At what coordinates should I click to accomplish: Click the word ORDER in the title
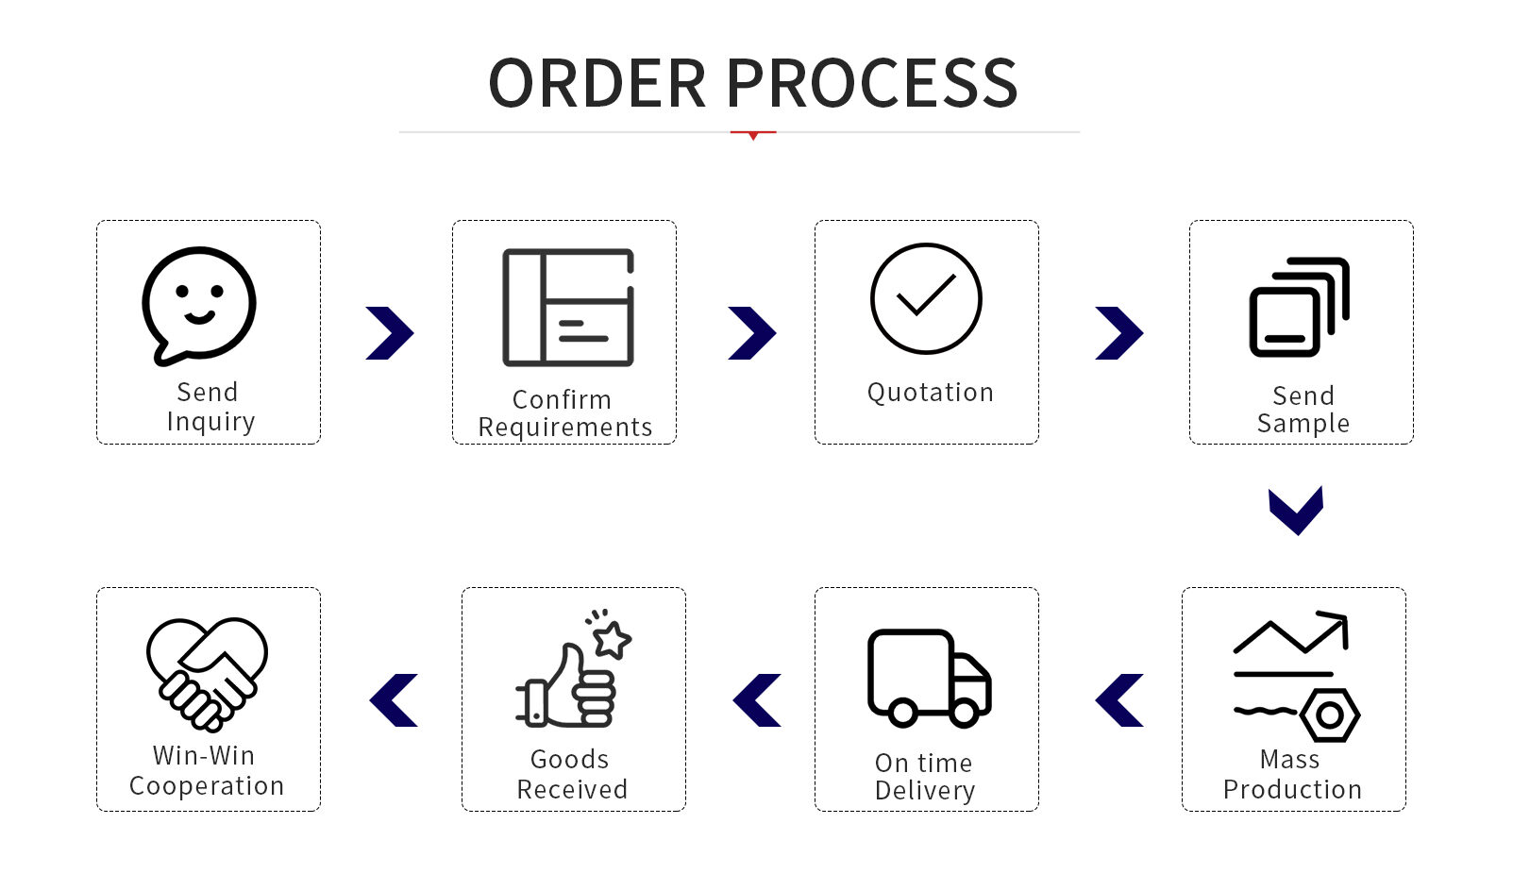[x=597, y=83]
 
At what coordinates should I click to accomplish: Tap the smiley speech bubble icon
[x=199, y=305]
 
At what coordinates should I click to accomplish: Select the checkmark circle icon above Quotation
[x=926, y=298]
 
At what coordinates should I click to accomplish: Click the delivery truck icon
[x=929, y=677]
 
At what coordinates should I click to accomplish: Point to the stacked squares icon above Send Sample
[x=1299, y=307]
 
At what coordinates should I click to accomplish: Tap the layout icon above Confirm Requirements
[x=568, y=307]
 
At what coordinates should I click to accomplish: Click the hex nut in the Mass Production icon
[x=1330, y=715]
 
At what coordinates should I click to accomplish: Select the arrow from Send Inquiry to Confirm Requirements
[x=390, y=333]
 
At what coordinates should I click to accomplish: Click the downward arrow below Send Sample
[x=1296, y=511]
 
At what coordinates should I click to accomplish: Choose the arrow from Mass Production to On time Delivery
[x=1119, y=700]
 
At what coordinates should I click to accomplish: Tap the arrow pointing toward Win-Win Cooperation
[x=394, y=700]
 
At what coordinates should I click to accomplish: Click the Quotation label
[x=930, y=393]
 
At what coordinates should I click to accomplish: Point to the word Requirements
[x=565, y=428]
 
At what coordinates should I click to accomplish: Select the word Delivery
[x=925, y=790]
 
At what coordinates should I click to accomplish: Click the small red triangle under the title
[x=753, y=136]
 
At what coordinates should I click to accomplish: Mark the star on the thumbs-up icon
[x=612, y=639]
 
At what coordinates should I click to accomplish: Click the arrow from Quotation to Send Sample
[x=1119, y=333]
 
